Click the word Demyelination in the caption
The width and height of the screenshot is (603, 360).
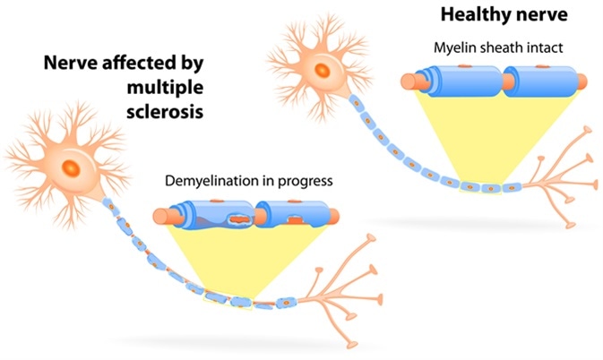(209, 181)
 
